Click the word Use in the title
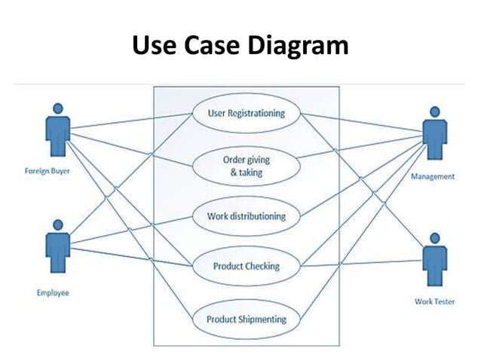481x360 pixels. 154,46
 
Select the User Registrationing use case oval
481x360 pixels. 247,114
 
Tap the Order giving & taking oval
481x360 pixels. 247,166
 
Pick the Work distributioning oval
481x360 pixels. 247,216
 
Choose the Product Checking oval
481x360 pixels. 247,266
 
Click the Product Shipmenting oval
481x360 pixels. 247,319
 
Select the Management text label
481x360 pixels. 433,177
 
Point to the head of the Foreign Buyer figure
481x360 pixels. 58,109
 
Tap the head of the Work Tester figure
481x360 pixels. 433,237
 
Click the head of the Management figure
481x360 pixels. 433,112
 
